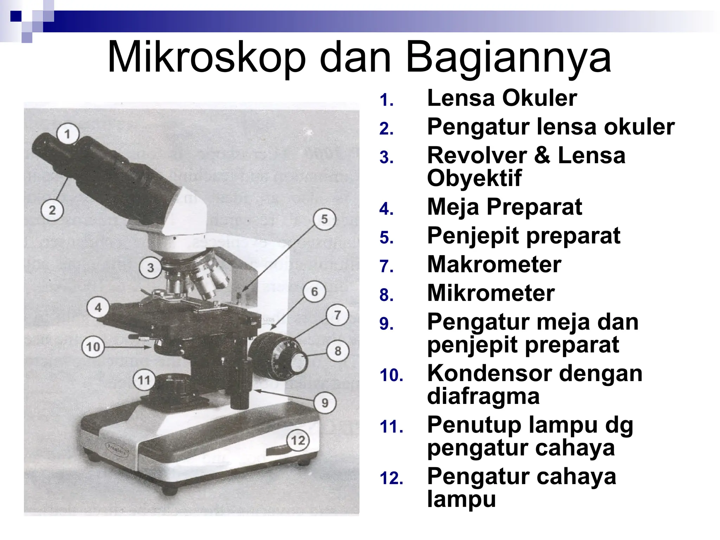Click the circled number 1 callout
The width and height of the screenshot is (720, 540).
click(x=68, y=134)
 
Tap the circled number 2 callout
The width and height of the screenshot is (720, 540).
click(x=52, y=210)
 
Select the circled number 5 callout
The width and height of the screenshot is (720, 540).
click(x=324, y=219)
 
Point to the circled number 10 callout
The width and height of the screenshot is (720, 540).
click(x=93, y=347)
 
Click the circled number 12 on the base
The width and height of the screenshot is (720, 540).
click(x=298, y=440)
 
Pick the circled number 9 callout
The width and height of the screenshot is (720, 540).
click(x=325, y=403)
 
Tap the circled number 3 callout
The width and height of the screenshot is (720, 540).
click(x=150, y=268)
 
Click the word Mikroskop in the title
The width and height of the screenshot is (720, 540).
click(x=207, y=57)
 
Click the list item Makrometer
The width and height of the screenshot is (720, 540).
click(x=494, y=264)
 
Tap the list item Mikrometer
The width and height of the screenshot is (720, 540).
click(x=491, y=293)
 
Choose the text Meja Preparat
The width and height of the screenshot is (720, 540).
click(x=504, y=207)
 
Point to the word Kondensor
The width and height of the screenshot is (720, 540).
click(x=489, y=373)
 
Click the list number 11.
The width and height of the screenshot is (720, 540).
click(x=391, y=427)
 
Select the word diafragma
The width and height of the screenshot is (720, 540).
click(x=483, y=396)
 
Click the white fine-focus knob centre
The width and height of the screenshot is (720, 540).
click(x=299, y=362)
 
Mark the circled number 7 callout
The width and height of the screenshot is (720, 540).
click(x=337, y=315)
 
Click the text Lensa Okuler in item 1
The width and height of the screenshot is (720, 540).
click(x=502, y=98)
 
